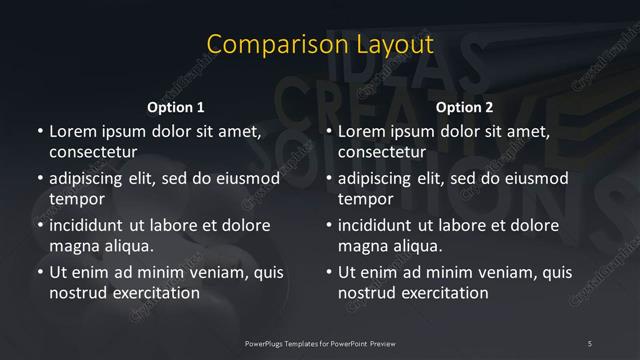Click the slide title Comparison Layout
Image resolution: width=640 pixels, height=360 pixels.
click(x=320, y=45)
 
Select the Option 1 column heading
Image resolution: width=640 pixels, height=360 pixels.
click(x=176, y=107)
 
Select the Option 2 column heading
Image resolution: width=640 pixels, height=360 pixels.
click(x=465, y=107)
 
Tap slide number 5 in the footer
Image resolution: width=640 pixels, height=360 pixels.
click(x=590, y=343)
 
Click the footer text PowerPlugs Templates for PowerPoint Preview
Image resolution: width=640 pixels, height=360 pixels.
click(x=319, y=343)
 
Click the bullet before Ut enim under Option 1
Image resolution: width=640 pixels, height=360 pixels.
click(x=39, y=271)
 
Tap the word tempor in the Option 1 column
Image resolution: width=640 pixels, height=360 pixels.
click(x=74, y=200)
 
